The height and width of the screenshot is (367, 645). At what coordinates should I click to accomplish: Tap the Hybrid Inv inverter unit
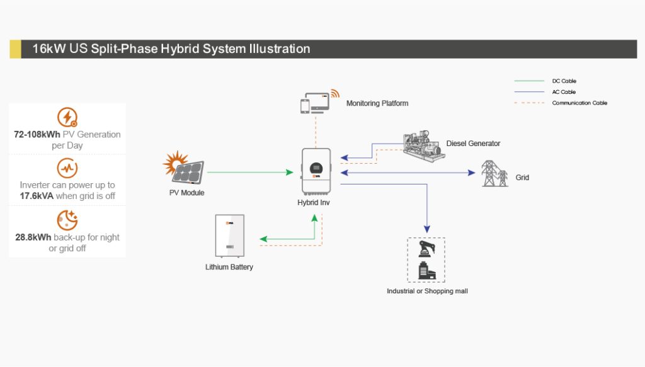point(316,171)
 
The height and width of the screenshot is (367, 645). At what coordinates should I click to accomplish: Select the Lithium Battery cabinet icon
point(229,236)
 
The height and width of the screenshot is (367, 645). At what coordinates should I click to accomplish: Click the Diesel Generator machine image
point(424,146)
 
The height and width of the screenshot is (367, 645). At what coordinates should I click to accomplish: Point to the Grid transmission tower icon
point(494,174)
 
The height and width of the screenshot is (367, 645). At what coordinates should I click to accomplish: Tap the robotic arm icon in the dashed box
point(426,249)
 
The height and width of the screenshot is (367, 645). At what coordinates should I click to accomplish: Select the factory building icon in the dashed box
point(426,271)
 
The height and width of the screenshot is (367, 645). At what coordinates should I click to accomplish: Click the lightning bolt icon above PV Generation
point(67,117)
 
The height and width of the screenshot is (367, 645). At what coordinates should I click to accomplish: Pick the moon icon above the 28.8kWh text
point(67,220)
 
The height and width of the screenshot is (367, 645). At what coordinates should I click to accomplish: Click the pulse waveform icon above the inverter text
point(67,167)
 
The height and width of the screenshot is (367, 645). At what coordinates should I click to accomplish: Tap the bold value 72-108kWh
point(37,134)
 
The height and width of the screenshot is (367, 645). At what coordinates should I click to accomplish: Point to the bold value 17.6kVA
point(37,196)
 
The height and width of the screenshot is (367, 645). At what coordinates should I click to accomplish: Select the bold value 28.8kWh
point(33,237)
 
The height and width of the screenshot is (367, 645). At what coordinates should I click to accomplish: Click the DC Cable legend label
point(564,81)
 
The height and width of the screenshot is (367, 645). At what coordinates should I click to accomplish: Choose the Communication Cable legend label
point(579,103)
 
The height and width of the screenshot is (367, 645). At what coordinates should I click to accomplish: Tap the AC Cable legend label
point(564,92)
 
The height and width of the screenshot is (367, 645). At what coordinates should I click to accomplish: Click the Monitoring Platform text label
point(377,103)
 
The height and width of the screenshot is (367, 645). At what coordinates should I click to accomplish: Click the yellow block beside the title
point(15,49)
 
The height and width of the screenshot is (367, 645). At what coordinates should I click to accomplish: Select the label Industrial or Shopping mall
point(427,291)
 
